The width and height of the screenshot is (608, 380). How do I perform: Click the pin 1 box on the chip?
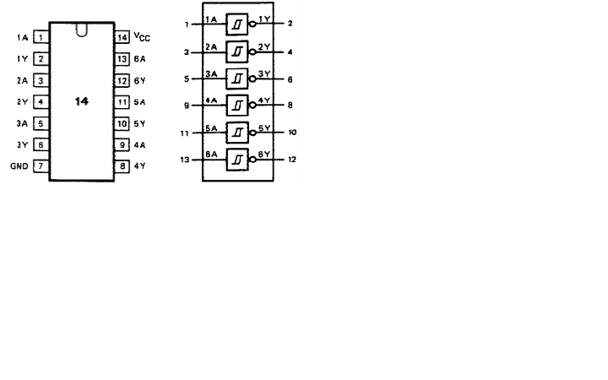pyautogui.click(x=41, y=38)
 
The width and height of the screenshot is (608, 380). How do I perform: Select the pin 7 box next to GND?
pyautogui.click(x=41, y=166)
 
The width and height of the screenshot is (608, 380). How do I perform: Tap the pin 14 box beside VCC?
pyautogui.click(x=122, y=38)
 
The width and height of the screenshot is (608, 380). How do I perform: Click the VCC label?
pyautogui.click(x=142, y=38)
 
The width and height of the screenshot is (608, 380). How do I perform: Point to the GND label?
pyautogui.click(x=19, y=166)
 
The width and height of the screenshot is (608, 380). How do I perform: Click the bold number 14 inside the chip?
pyautogui.click(x=81, y=100)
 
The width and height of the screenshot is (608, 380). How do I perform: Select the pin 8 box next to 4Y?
pyautogui.click(x=122, y=166)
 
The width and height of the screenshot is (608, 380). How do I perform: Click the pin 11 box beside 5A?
pyautogui.click(x=122, y=101)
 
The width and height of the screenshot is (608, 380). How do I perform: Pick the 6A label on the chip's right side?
pyautogui.click(x=140, y=59)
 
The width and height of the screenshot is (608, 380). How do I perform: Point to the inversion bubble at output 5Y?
pyautogui.click(x=252, y=132)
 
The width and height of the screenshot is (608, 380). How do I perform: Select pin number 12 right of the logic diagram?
pyautogui.click(x=291, y=159)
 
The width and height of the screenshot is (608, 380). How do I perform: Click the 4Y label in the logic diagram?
pyautogui.click(x=263, y=100)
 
